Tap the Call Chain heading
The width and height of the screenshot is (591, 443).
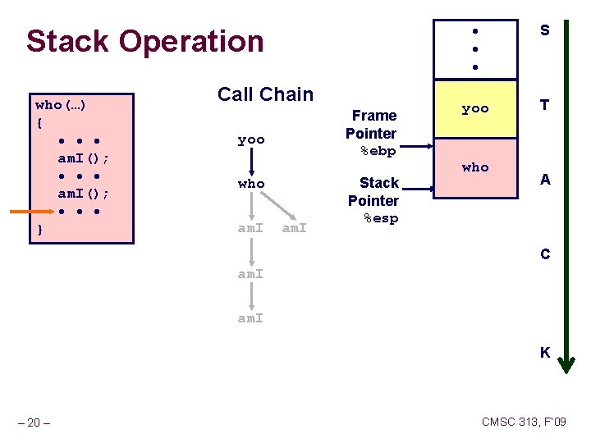pyautogui.click(x=265, y=94)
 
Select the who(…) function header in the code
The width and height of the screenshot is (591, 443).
pyautogui.click(x=62, y=105)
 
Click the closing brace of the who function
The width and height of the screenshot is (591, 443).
pyautogui.click(x=40, y=231)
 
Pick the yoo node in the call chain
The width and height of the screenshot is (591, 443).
pyautogui.click(x=251, y=139)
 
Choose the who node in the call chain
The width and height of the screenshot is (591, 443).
pyautogui.click(x=251, y=184)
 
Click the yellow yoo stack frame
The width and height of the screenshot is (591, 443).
pyautogui.click(x=475, y=109)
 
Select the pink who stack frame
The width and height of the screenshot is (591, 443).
pyautogui.click(x=475, y=167)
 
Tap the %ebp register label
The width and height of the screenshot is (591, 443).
pyautogui.click(x=378, y=151)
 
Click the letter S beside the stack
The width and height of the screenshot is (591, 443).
pyautogui.click(x=544, y=30)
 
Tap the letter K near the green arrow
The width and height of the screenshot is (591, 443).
pyautogui.click(x=544, y=353)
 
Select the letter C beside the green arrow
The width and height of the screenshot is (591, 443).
pyautogui.click(x=544, y=254)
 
